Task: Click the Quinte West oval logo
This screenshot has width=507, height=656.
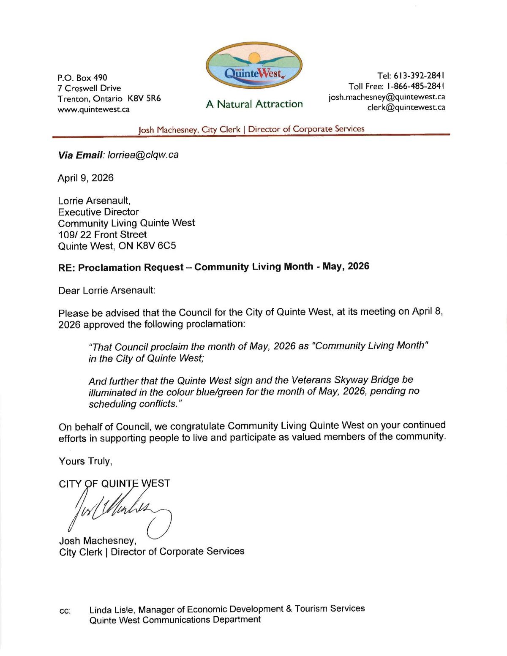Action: [x=254, y=65]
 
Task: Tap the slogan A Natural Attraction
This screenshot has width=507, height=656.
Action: [x=254, y=104]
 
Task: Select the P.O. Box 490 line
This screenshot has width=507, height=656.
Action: [x=82, y=78]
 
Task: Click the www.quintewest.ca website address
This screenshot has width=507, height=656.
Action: [x=93, y=109]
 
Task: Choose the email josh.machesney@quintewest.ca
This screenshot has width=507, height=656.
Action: [x=387, y=97]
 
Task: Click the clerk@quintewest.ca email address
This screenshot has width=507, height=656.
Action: [x=406, y=107]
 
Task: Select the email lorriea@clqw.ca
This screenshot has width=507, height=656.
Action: [x=143, y=155]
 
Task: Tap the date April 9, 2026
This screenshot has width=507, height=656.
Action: [x=86, y=178]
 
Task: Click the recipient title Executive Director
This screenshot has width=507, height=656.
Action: [x=98, y=212]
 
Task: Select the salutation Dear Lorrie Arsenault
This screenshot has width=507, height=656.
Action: [x=107, y=291]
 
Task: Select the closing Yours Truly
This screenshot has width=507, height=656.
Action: [x=85, y=461]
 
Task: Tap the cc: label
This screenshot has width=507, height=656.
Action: [x=65, y=611]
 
